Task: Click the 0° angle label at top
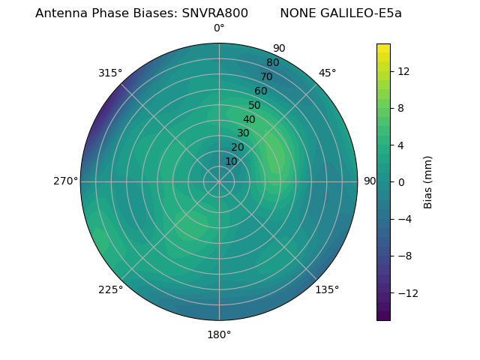(x=219, y=28)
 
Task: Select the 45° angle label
(x=327, y=73)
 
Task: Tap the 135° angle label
(x=327, y=289)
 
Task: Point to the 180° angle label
(x=219, y=334)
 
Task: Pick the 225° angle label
(x=110, y=289)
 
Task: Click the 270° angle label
(x=65, y=181)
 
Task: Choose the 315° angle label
(x=110, y=73)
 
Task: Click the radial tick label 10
(x=231, y=161)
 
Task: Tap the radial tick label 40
(x=249, y=119)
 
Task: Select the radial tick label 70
(x=266, y=76)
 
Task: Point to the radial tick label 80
(x=272, y=62)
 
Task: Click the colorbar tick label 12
(x=403, y=71)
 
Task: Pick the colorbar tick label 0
(x=401, y=181)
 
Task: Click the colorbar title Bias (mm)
(x=428, y=181)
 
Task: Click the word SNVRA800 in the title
(x=214, y=13)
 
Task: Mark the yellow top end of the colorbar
(x=383, y=47)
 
